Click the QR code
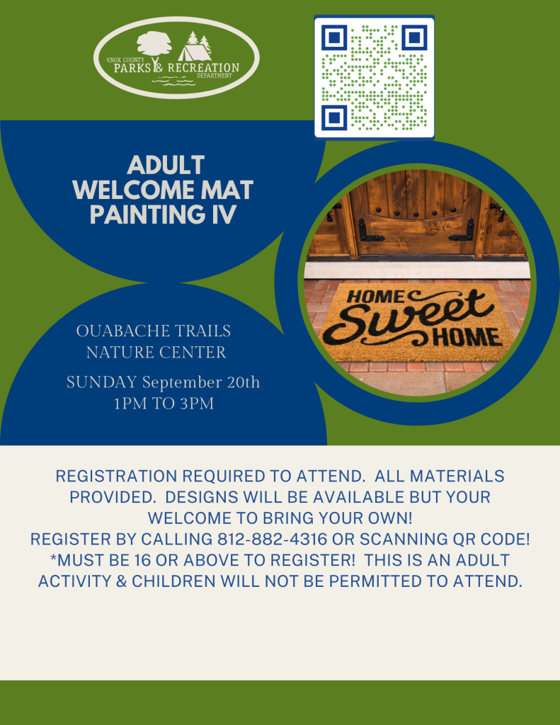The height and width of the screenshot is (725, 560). [x=374, y=76]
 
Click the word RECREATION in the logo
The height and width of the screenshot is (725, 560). [x=203, y=67]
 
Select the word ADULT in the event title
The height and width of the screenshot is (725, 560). [x=166, y=165]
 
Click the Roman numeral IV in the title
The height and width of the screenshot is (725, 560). [x=223, y=215]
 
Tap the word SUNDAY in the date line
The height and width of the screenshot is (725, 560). [x=102, y=382]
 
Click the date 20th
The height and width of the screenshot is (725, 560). [x=244, y=382]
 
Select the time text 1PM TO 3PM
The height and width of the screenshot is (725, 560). [x=164, y=404]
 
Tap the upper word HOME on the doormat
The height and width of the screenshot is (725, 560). [x=375, y=297]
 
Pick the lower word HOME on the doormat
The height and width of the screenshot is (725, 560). [x=467, y=338]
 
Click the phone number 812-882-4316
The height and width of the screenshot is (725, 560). [x=273, y=539]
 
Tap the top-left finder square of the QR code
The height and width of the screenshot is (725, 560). [x=334, y=37]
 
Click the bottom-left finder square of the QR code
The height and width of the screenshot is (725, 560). [x=334, y=118]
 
